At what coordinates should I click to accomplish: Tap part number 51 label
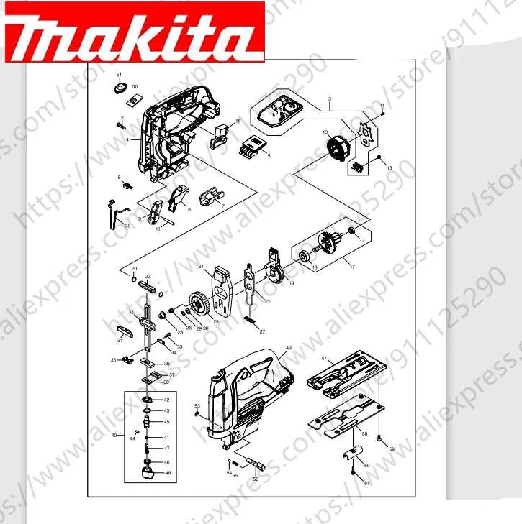pos(119,75)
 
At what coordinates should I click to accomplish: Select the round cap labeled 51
pos(120,88)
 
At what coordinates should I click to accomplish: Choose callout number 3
pos(329,98)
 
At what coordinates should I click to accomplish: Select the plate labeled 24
pos(223,291)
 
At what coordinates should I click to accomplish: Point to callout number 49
pos(288,348)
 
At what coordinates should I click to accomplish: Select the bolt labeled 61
pos(354,472)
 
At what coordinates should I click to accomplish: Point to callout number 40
pos(113,435)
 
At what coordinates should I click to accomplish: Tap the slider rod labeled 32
pos(147,320)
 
